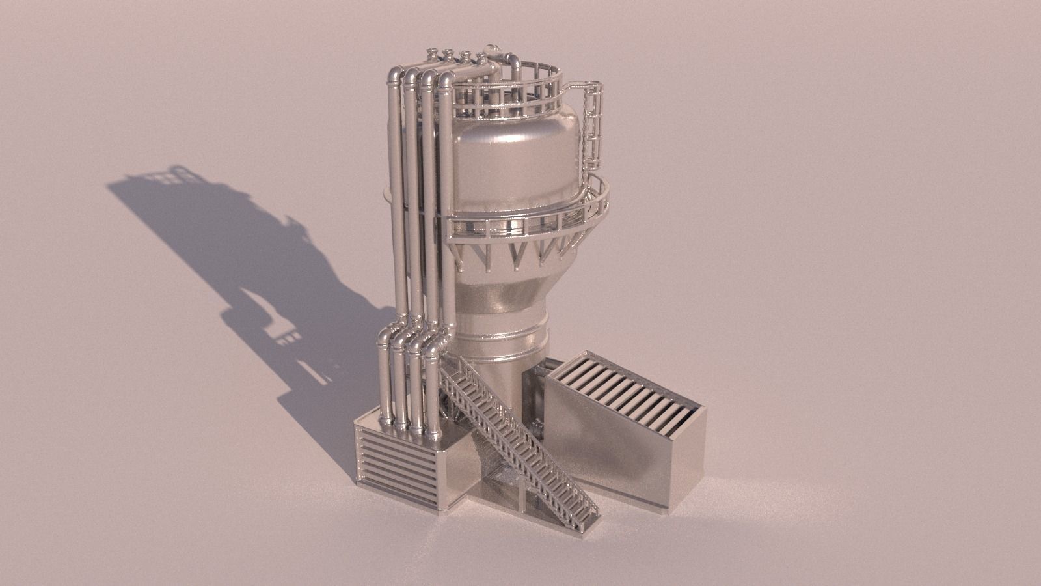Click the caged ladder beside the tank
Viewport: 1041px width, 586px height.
pos(594,127)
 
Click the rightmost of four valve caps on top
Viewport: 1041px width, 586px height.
pos(481,55)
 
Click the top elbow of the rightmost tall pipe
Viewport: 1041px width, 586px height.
pos(446,79)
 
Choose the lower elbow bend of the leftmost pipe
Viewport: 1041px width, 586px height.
pos(385,335)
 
